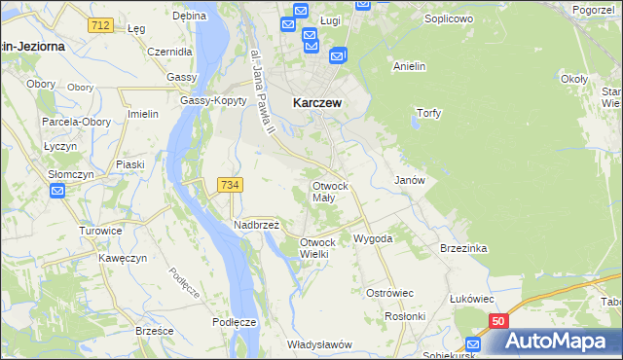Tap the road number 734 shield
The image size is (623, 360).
coord(231,184)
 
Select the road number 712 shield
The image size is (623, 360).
coord(97,24)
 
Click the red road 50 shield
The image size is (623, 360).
coord(497,320)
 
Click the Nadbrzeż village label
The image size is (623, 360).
coord(257,224)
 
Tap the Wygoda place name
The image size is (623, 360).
coord(373,238)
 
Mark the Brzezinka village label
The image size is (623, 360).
coord(462,248)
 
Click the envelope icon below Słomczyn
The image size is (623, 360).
coord(57,190)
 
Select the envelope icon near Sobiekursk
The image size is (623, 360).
coord(474,342)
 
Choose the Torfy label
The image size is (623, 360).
coord(429,113)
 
